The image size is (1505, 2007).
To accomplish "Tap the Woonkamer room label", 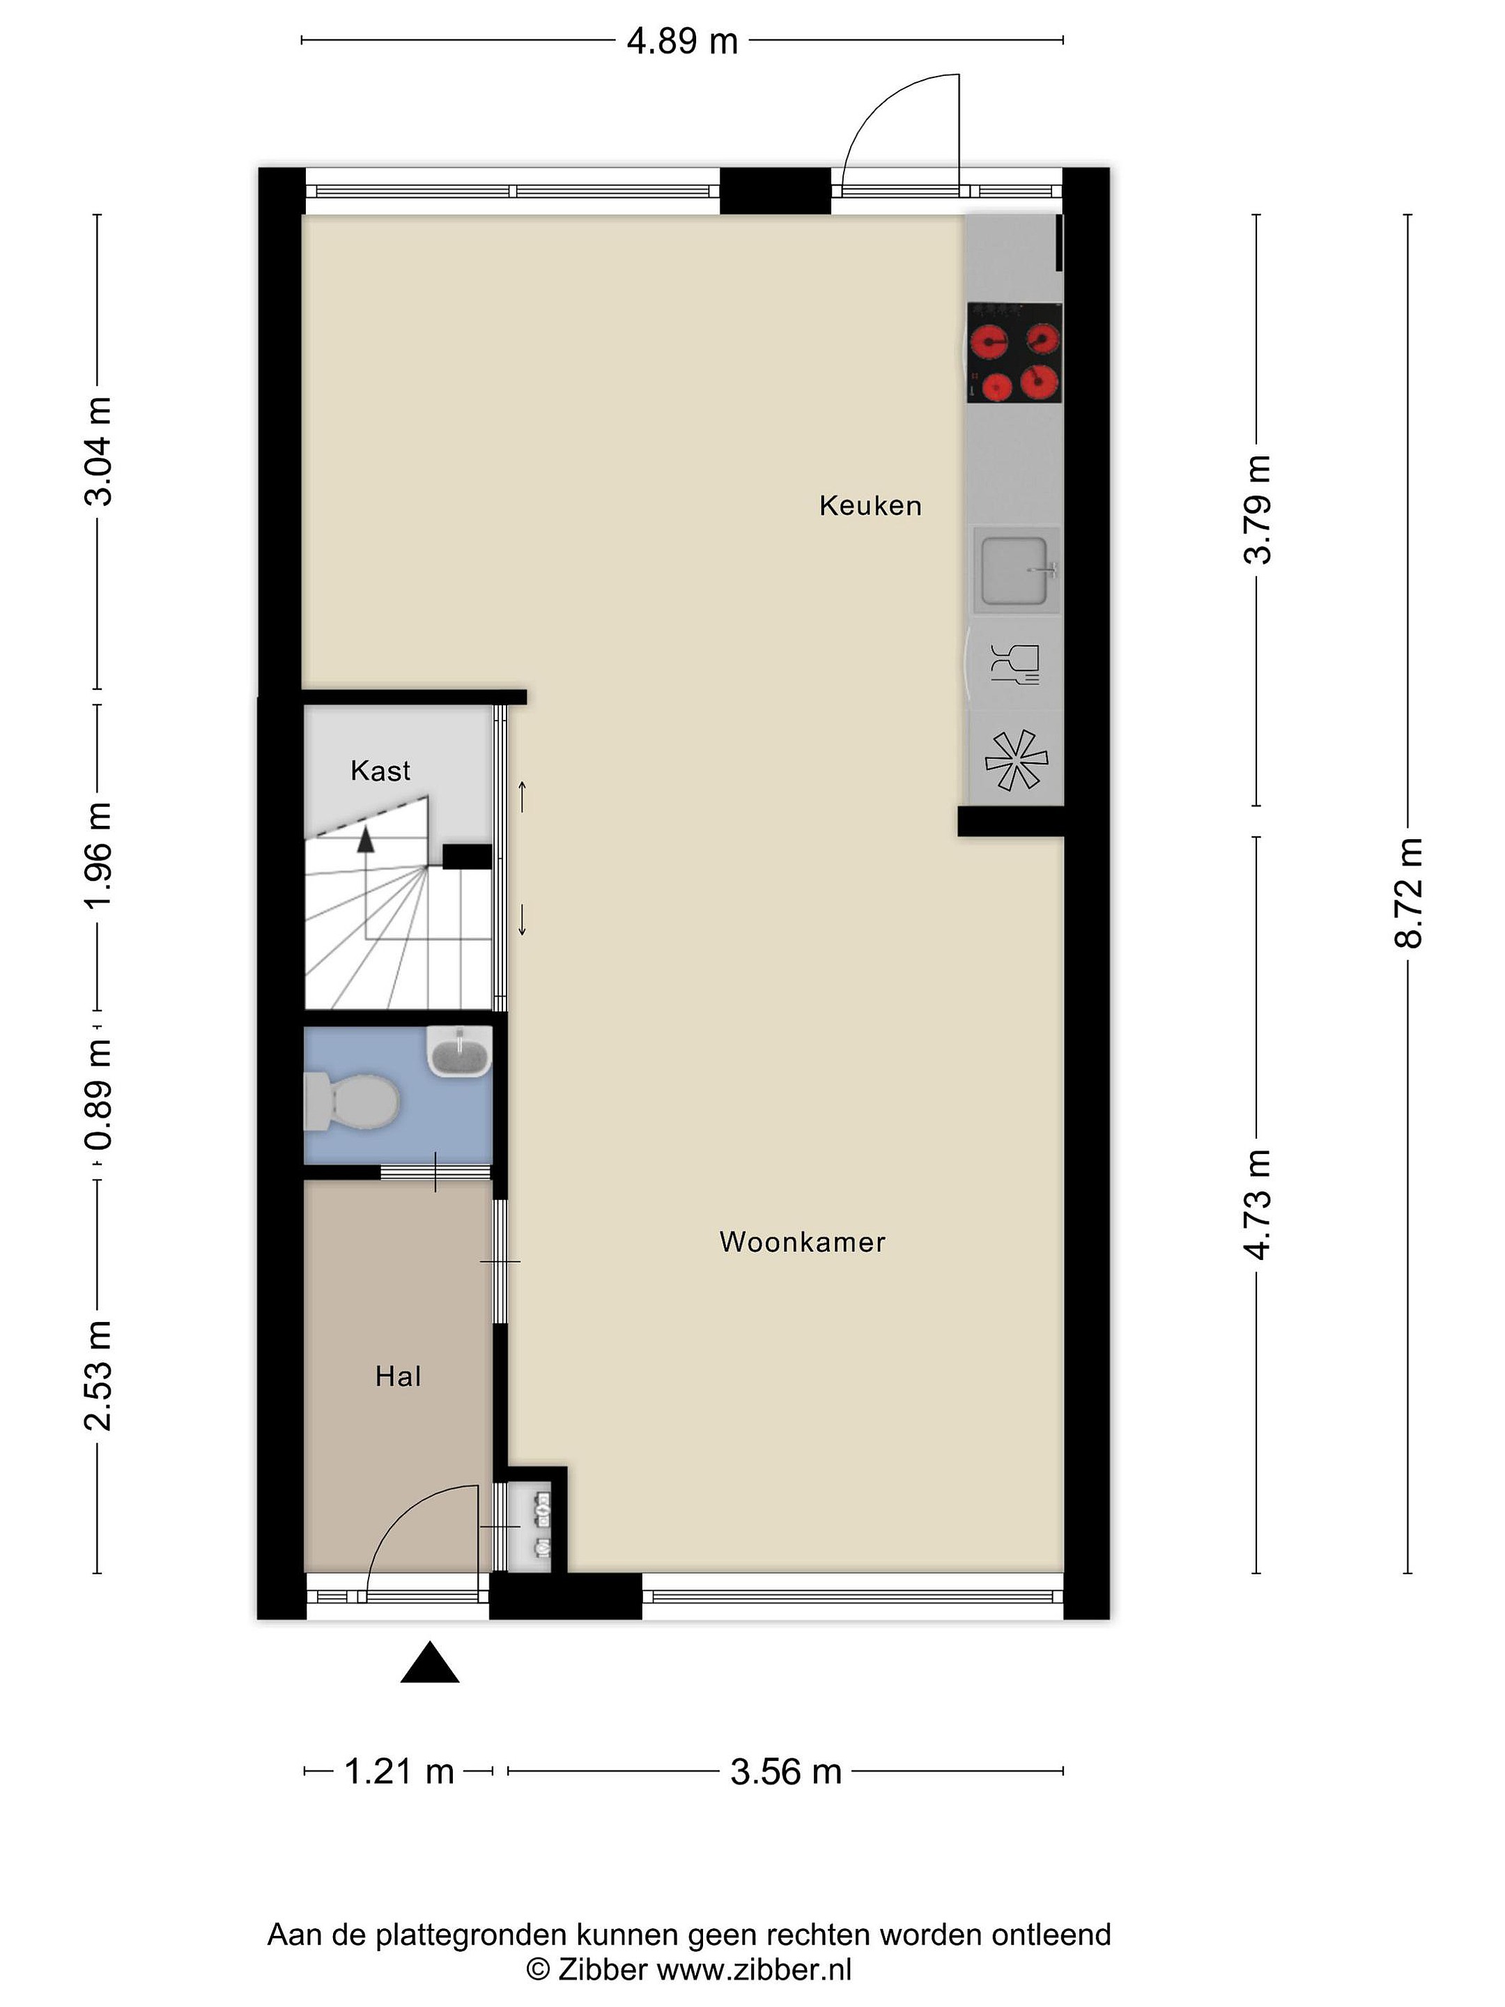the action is pos(802,1241).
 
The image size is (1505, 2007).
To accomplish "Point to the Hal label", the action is pos(399,1376).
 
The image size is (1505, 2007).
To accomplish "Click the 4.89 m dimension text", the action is pos(682,42).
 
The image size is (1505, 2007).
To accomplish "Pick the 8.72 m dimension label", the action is pos(1409,893).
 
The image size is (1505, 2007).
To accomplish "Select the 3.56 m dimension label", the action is pos(786,1771).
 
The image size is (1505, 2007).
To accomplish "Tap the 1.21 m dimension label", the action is pos(399,1771).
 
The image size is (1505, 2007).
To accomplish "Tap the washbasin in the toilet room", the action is pos(460,1052).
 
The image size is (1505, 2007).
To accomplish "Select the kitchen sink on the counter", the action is pos(1016,570).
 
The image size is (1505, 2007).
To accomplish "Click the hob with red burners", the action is pos(1014,353).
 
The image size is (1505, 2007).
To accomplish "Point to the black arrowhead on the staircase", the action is pos(366,839).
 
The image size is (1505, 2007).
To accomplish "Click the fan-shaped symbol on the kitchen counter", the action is pos(1016,760).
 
